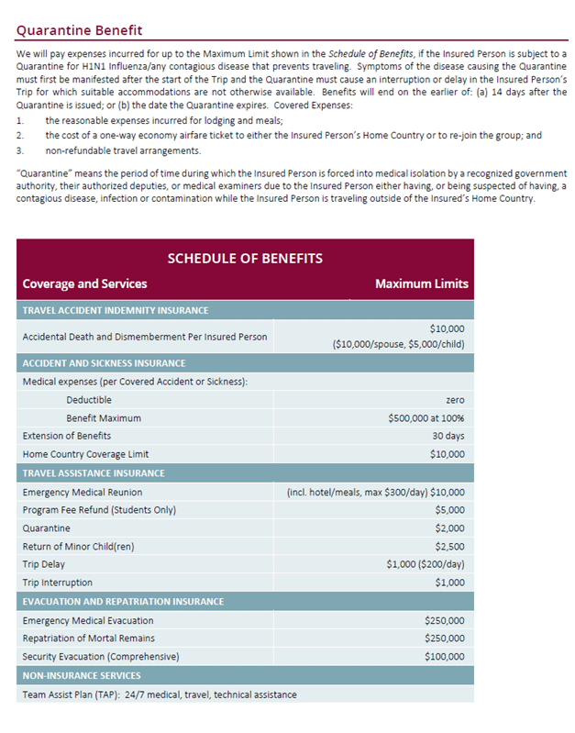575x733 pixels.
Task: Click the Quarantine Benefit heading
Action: (80, 30)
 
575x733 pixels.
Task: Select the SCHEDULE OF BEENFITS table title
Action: (245, 259)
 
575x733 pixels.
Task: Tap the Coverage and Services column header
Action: (84, 283)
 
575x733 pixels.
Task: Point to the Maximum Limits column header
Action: (421, 283)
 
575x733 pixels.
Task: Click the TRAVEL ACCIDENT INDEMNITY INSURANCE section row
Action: (116, 310)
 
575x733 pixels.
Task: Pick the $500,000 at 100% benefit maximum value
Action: (426, 417)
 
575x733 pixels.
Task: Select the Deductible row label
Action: (89, 400)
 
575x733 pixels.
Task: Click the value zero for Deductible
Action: (455, 400)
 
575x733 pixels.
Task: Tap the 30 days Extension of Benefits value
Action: (448, 436)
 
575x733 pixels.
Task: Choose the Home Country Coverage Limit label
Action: (85, 453)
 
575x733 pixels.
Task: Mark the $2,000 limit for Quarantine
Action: (449, 528)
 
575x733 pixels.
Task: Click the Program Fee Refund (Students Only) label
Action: (99, 510)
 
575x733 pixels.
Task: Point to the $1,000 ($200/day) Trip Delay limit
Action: (426, 564)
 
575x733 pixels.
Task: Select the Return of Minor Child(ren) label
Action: (78, 546)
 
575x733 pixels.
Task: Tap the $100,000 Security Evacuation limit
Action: (445, 656)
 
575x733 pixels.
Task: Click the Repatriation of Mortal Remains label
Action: (88, 638)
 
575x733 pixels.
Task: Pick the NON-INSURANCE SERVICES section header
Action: (81, 675)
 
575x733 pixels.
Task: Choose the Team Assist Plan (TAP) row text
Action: (160, 694)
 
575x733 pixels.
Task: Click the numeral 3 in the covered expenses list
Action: (19, 150)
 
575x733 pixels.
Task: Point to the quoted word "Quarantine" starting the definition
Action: (41, 173)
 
